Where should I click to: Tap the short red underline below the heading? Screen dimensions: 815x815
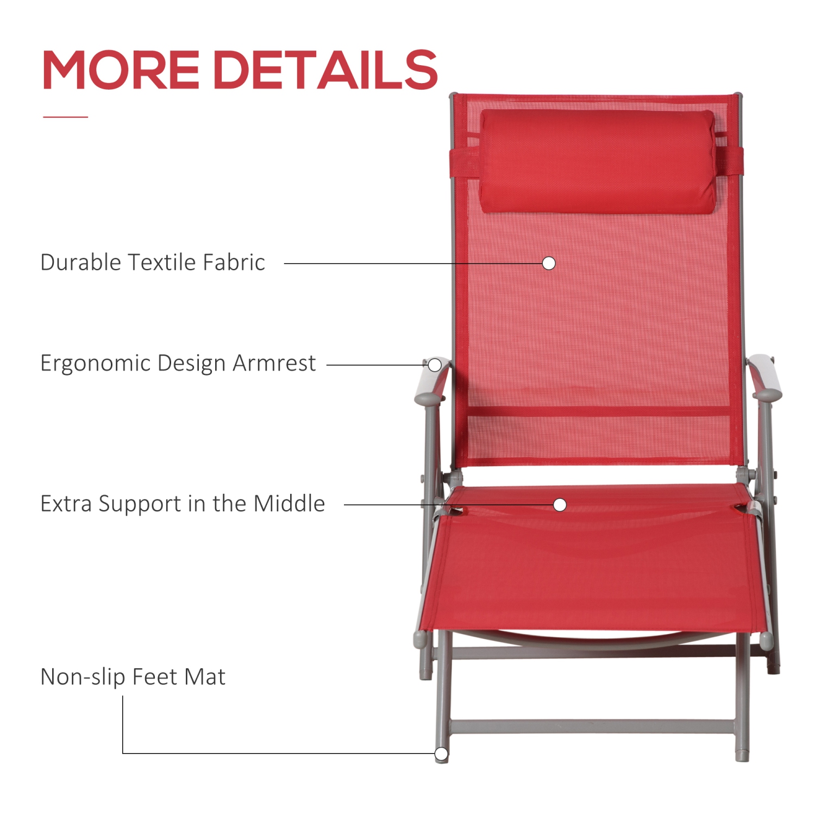65,117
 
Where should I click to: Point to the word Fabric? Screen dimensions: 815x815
234,262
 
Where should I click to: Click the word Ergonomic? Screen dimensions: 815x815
95,363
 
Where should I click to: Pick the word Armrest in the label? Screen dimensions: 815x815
274,363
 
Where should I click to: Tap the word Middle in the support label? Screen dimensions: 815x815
289,504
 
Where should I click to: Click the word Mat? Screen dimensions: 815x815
205,677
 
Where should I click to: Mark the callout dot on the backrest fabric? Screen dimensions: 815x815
549,264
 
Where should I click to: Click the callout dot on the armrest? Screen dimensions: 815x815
435,365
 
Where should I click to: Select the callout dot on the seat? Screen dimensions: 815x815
560,505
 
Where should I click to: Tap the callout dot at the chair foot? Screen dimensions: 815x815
441,754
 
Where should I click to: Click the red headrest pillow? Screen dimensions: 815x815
598,161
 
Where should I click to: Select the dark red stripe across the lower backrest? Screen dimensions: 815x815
598,411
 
